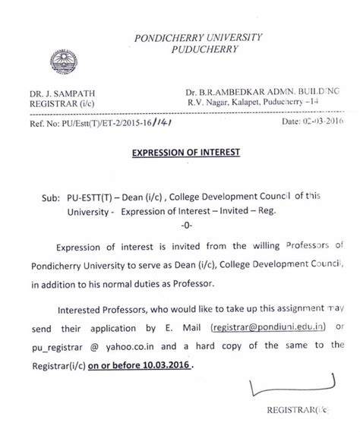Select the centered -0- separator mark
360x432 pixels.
(186, 226)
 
